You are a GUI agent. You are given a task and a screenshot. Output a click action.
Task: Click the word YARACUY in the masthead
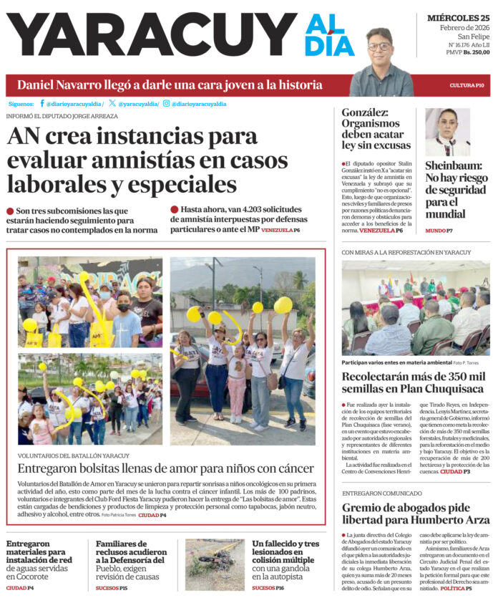coord(150,36)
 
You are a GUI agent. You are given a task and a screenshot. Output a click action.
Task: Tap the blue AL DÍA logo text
coord(329,36)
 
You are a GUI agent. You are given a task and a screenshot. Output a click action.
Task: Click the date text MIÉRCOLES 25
coord(459,16)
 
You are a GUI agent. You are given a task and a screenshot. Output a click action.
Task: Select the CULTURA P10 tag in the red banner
coord(467,85)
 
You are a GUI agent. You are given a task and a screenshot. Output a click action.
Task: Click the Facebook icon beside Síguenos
coord(42,103)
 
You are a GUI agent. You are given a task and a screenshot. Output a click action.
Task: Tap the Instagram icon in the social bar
coord(166,103)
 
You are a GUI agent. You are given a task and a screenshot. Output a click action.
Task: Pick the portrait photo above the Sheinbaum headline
coord(447,132)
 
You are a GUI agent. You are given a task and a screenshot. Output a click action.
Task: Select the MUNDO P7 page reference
coord(439,231)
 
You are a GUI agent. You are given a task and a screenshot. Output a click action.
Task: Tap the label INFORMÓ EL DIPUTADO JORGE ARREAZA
coord(63,116)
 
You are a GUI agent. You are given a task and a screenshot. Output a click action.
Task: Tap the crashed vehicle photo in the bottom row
coord(215,564)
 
